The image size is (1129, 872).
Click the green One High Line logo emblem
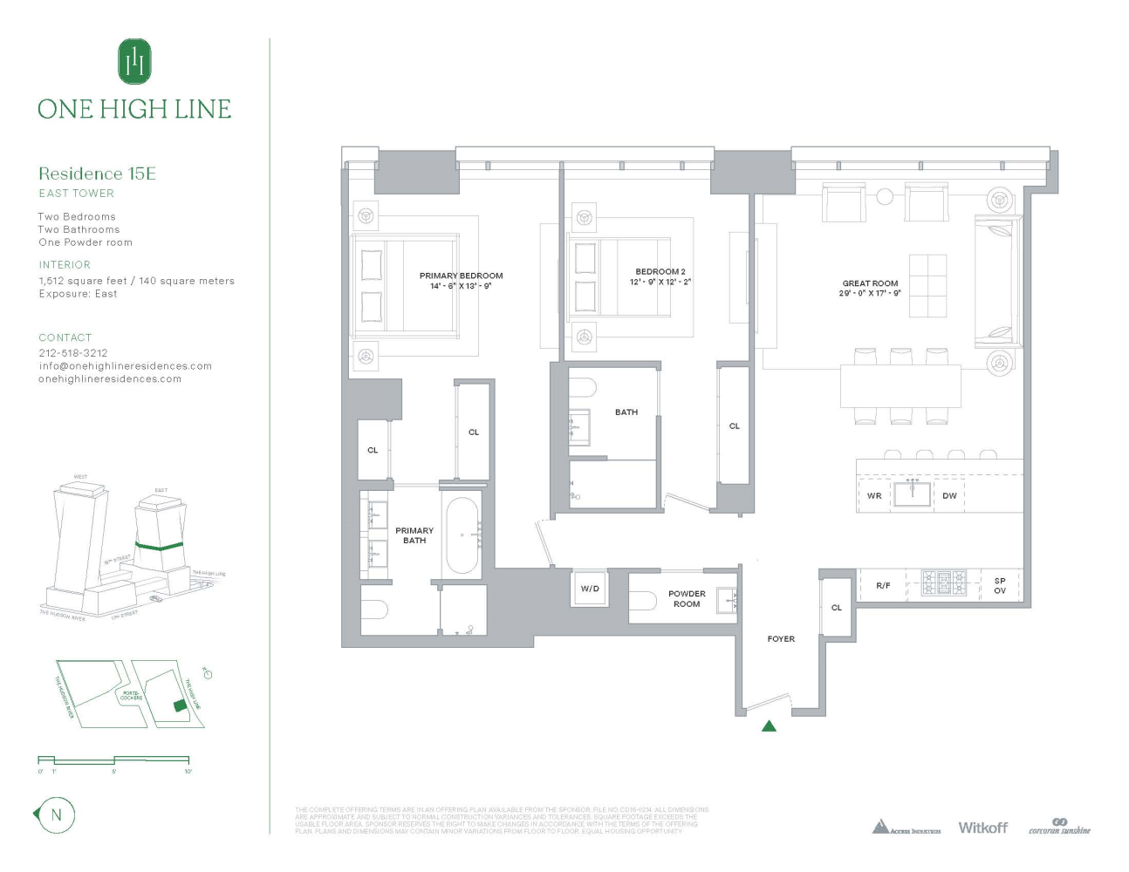tap(134, 61)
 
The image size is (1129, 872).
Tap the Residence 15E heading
tap(97, 174)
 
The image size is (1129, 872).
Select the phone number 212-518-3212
tap(73, 353)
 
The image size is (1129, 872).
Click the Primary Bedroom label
tap(461, 276)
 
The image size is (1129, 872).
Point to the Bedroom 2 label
tap(660, 272)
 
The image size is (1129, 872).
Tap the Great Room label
tap(870, 283)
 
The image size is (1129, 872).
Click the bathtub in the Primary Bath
tap(462, 535)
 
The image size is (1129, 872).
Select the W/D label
tap(590, 589)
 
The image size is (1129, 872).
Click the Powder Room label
tap(687, 598)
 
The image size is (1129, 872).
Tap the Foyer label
tap(781, 639)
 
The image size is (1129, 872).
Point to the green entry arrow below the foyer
tap(769, 726)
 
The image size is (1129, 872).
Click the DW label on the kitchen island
tap(949, 496)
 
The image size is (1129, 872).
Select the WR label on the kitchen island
tap(874, 496)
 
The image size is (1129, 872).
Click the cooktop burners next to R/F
tap(944, 582)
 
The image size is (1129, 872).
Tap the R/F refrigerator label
tap(883, 586)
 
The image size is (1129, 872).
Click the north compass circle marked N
tap(57, 815)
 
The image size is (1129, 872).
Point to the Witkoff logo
tap(982, 828)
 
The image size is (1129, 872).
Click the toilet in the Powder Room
tap(643, 601)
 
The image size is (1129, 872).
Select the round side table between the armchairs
tap(885, 196)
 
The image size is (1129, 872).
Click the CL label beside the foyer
tap(836, 608)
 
